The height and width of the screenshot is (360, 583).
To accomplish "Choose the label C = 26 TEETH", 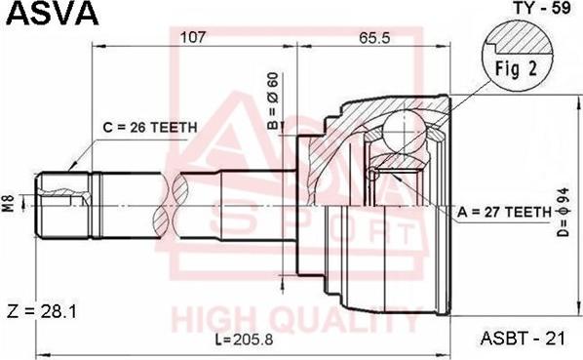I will click(x=151, y=127).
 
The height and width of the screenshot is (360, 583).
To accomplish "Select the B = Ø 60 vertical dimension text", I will click(x=274, y=104).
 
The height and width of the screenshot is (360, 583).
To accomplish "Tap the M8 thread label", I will click(x=9, y=205).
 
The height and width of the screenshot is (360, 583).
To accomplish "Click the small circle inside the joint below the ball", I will click(x=372, y=174).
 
